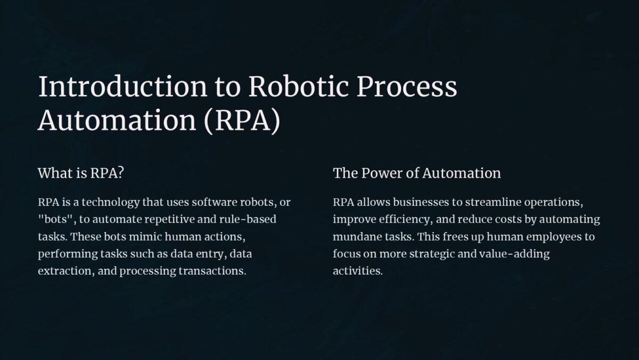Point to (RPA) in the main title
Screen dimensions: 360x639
click(242, 121)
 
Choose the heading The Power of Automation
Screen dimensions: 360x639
click(416, 173)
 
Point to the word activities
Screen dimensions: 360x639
click(357, 271)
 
